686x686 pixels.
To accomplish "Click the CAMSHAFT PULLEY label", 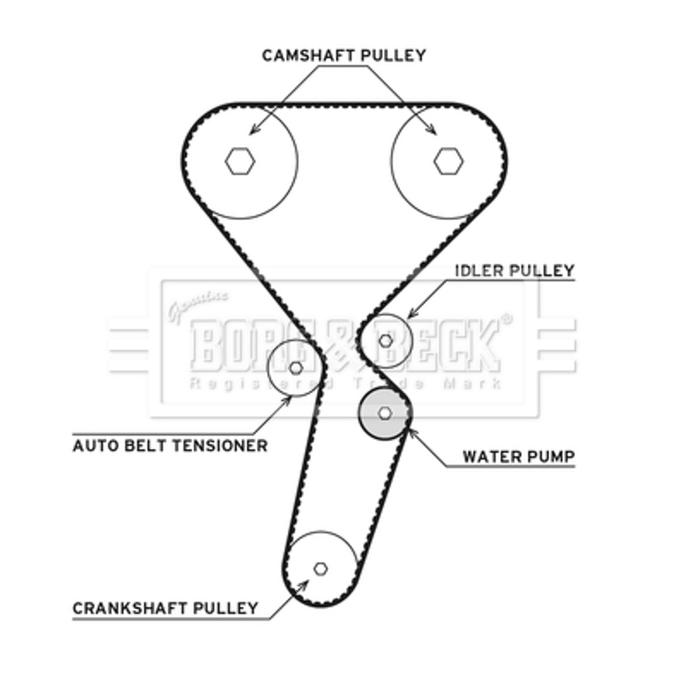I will click(343, 56).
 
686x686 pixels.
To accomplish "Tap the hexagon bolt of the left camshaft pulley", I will click(241, 159).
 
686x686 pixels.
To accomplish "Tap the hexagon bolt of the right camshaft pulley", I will click(447, 159).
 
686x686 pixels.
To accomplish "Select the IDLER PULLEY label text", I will click(514, 271).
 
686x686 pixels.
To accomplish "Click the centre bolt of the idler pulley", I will click(386, 340).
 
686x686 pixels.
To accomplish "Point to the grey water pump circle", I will click(384, 412).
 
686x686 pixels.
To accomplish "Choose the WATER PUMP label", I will click(518, 455).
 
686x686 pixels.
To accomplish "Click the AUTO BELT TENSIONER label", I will click(170, 445).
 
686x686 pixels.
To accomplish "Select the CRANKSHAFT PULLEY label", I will click(165, 608).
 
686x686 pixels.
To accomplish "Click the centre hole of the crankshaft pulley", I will click(321, 568).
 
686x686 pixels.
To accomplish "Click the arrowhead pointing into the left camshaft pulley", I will click(252, 130).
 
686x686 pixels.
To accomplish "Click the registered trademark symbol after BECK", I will click(506, 319).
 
